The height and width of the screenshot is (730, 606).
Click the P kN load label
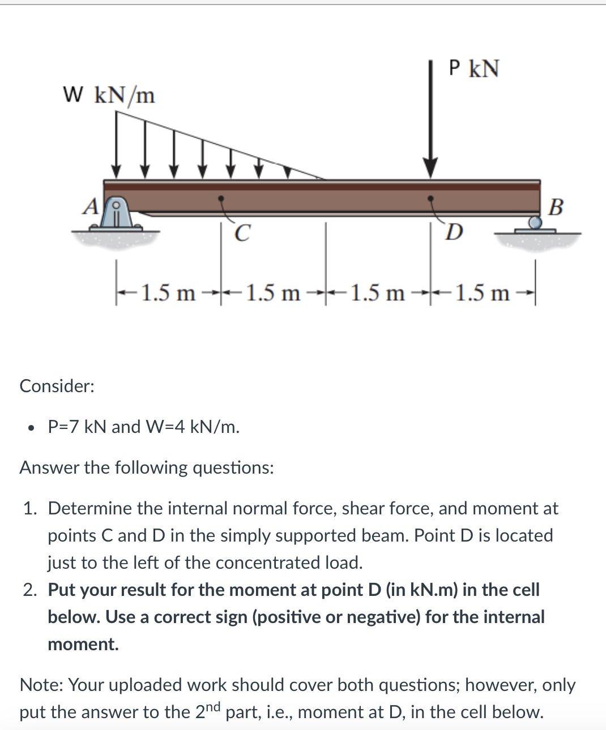coord(473,68)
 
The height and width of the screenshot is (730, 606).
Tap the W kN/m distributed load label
coord(109,95)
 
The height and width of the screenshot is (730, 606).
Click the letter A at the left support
coord(90,207)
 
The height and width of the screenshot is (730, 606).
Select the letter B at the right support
coord(556,207)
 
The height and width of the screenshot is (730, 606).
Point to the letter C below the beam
coord(241,233)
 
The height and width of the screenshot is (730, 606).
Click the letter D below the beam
coord(454,232)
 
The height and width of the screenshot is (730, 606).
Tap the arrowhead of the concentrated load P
coord(431,168)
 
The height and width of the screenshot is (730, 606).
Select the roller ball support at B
coord(535,222)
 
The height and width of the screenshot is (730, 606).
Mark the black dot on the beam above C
coord(221,199)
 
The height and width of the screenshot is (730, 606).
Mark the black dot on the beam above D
coord(431,199)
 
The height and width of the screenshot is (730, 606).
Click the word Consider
coord(57,386)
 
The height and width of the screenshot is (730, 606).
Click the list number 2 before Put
coord(30,590)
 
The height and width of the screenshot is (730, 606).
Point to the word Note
coord(41,685)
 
